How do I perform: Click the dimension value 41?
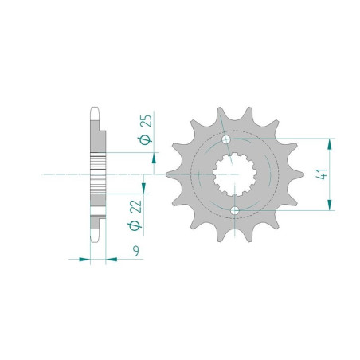[323, 174]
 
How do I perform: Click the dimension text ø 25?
[147, 129]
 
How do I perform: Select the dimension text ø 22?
[135, 215]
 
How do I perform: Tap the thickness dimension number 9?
[136, 251]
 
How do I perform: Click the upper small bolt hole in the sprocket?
[226, 139]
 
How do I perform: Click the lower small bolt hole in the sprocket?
[235, 211]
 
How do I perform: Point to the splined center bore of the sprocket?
[235, 174]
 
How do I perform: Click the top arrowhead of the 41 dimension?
[330, 144]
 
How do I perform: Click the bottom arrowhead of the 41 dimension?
[330, 205]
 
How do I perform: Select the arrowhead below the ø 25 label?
[154, 158]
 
